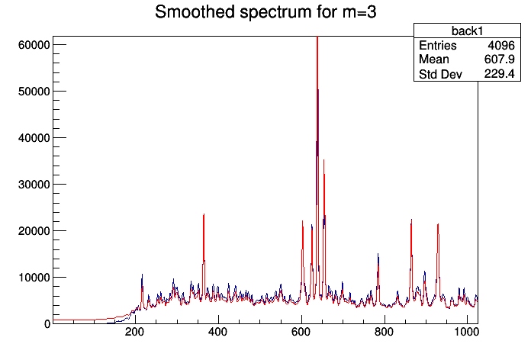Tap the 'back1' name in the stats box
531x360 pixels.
464,30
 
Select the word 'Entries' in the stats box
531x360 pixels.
438,45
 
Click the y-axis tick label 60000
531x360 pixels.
33,45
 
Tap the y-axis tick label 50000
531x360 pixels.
33,92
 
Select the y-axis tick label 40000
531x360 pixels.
33,138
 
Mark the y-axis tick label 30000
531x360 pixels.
33,185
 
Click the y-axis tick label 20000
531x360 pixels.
33,231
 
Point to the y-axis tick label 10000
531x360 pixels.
33,278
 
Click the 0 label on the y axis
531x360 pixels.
47,324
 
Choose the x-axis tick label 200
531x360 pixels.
135,334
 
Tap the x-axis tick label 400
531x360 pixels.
218,334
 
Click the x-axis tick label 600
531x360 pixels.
301,334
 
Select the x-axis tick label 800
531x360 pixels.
385,334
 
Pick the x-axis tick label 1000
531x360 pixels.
466,334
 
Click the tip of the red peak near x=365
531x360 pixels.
204,215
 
